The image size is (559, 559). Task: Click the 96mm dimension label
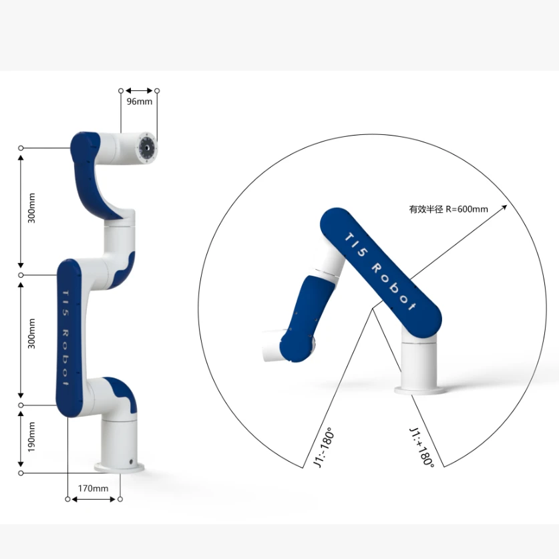coord(140,102)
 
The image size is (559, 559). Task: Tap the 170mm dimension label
coord(93,488)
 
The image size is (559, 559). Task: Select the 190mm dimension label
coord(32,437)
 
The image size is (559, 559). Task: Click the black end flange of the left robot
coord(148,148)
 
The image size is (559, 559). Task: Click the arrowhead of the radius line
coord(504,207)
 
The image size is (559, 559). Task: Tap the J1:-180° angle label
coord(324,447)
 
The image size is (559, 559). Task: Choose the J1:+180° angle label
coord(422,447)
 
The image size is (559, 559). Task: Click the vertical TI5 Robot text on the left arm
coord(65,338)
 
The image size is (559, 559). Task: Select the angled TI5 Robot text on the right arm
coord(380,272)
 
